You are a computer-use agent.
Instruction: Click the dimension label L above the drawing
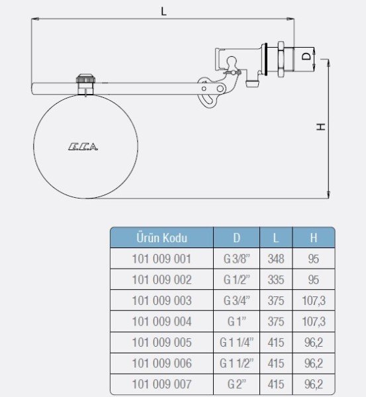tap(163, 11)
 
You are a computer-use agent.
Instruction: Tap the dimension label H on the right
tap(320, 126)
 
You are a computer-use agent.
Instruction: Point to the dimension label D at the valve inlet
tap(305, 57)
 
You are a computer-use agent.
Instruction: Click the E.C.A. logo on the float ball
tap(83, 147)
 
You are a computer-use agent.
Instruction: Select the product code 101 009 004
tap(161, 322)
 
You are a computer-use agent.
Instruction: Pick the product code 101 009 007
tap(161, 384)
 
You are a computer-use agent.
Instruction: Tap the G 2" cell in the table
tap(237, 384)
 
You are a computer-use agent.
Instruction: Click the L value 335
tap(276, 280)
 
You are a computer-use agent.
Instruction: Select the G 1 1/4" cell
tap(237, 342)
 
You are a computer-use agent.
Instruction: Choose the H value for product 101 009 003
tap(314, 301)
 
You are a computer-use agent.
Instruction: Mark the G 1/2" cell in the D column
tap(237, 280)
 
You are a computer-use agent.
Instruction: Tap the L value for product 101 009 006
tap(276, 363)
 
